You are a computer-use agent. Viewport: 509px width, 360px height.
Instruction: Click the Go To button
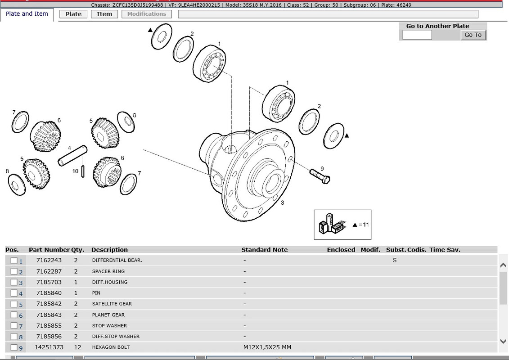click(x=473, y=35)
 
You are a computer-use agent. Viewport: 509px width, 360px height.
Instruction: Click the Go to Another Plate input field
click(x=417, y=35)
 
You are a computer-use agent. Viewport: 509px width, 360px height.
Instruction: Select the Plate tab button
click(x=73, y=14)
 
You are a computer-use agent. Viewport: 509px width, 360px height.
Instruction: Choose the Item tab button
click(x=104, y=14)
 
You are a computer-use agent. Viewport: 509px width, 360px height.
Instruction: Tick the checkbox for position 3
click(x=14, y=282)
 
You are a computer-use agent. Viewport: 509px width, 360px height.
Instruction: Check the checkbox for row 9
click(x=14, y=347)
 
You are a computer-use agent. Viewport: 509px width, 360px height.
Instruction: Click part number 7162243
click(x=49, y=260)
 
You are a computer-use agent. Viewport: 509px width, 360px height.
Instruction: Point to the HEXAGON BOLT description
click(x=111, y=347)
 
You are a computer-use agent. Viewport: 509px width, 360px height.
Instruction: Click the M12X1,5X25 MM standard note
click(x=267, y=347)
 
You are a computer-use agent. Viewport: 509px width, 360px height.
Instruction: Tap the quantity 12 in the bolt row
click(x=77, y=347)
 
